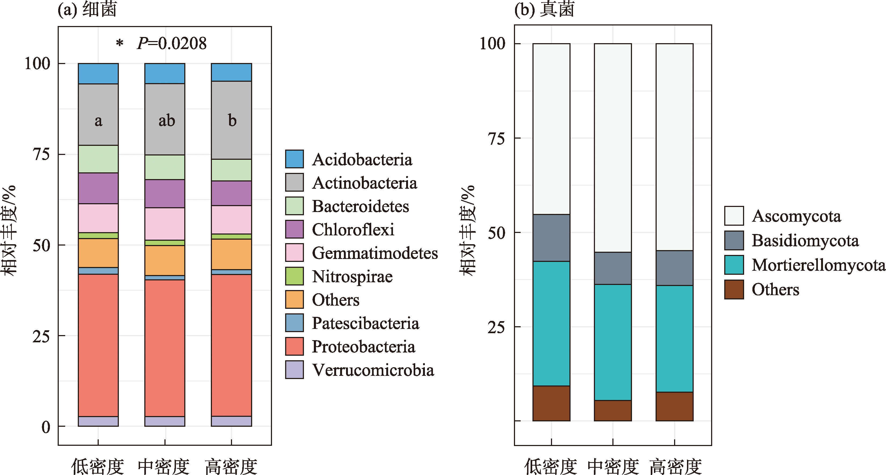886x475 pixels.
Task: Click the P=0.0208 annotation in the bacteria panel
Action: tap(172, 44)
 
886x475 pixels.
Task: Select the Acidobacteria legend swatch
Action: tap(295, 159)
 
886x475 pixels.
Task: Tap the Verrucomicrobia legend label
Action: tap(373, 370)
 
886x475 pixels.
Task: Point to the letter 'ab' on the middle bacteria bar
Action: tap(167, 121)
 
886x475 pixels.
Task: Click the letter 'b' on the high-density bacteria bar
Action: tap(232, 121)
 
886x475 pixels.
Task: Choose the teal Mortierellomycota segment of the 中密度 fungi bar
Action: tap(613, 342)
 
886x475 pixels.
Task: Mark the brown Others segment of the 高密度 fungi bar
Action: tap(674, 406)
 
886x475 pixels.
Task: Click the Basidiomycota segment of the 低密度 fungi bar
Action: tap(551, 237)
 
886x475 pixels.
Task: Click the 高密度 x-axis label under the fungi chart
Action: tap(675, 466)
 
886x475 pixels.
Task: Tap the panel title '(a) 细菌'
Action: tap(87, 9)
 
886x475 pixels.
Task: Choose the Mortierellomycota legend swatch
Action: tap(734, 265)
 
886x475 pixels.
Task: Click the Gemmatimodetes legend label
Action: tap(374, 253)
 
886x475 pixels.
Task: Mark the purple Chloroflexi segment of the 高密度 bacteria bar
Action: tap(231, 193)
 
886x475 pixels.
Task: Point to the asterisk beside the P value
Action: tap(119, 44)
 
